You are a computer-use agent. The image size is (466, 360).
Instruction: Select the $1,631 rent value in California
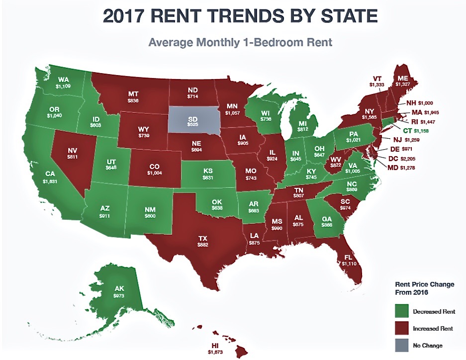point(50,181)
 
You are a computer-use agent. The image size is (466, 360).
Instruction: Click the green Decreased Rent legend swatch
point(401,312)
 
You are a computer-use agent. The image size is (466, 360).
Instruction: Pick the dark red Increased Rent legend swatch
point(401,329)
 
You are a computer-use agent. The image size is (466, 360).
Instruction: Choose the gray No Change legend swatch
point(401,345)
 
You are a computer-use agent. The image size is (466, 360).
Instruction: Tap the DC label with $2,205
point(393,159)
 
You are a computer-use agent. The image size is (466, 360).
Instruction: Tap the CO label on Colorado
point(155,167)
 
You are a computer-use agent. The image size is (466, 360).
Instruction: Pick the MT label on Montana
point(133,93)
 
